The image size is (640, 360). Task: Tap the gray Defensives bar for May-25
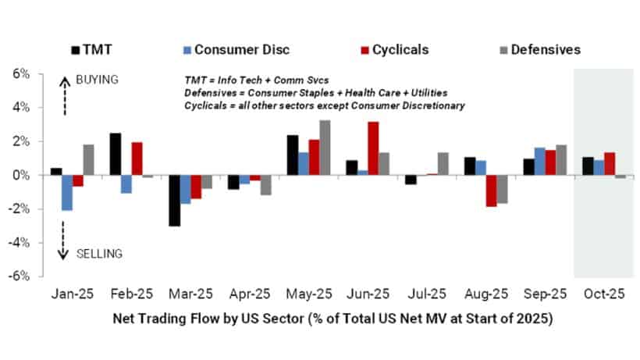coord(325,148)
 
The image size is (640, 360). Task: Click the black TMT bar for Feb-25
coord(115,154)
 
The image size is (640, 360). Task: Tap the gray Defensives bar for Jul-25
coord(443,163)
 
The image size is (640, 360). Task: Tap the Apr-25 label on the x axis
coord(250,296)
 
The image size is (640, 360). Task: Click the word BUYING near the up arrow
coord(97,80)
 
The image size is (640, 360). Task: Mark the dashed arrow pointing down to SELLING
coord(64,239)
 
